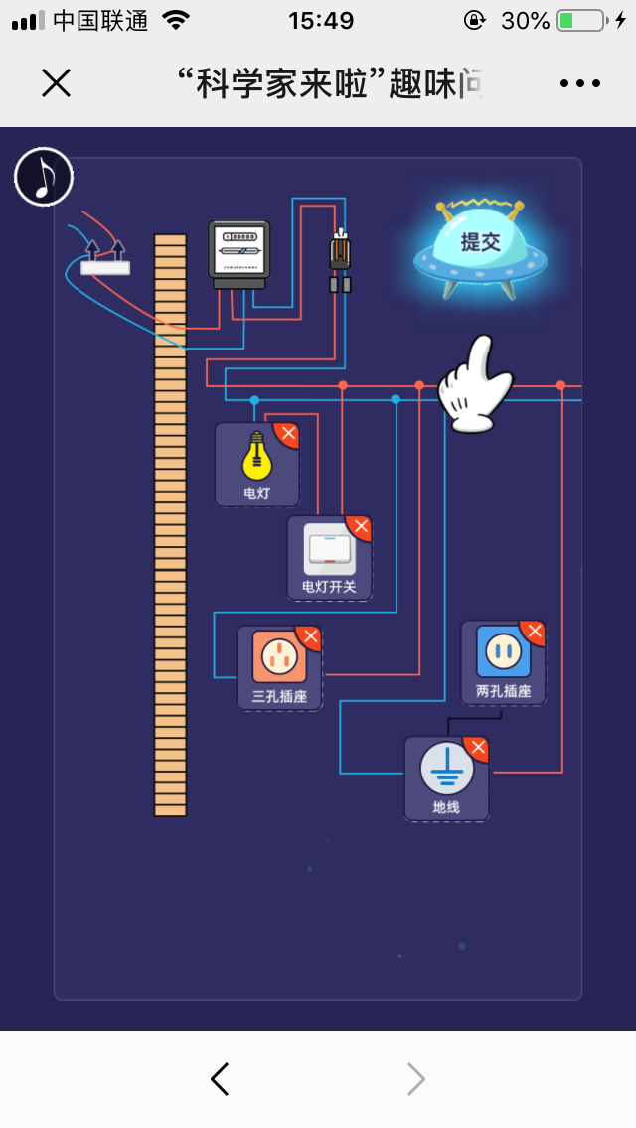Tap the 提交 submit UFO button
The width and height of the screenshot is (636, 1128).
point(480,244)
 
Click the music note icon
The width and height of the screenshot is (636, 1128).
point(44,177)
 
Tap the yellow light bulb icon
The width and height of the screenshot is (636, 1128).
point(256,457)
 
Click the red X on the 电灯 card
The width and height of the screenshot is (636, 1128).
point(287,434)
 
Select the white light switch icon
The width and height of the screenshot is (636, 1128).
point(329,549)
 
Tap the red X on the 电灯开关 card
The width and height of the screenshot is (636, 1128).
point(360,527)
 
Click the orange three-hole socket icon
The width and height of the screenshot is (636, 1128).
point(278,656)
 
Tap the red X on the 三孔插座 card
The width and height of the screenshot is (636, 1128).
point(310,636)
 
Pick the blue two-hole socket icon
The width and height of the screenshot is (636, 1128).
point(503,651)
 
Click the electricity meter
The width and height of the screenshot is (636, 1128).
point(238,253)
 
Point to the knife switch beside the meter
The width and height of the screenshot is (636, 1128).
point(340,261)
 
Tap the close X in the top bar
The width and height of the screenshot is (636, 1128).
point(56,83)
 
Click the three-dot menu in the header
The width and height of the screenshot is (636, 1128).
point(580,83)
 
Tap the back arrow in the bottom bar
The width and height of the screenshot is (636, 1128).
point(220,1079)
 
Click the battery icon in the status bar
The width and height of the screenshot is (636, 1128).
point(581,21)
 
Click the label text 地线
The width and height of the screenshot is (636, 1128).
point(446,808)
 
